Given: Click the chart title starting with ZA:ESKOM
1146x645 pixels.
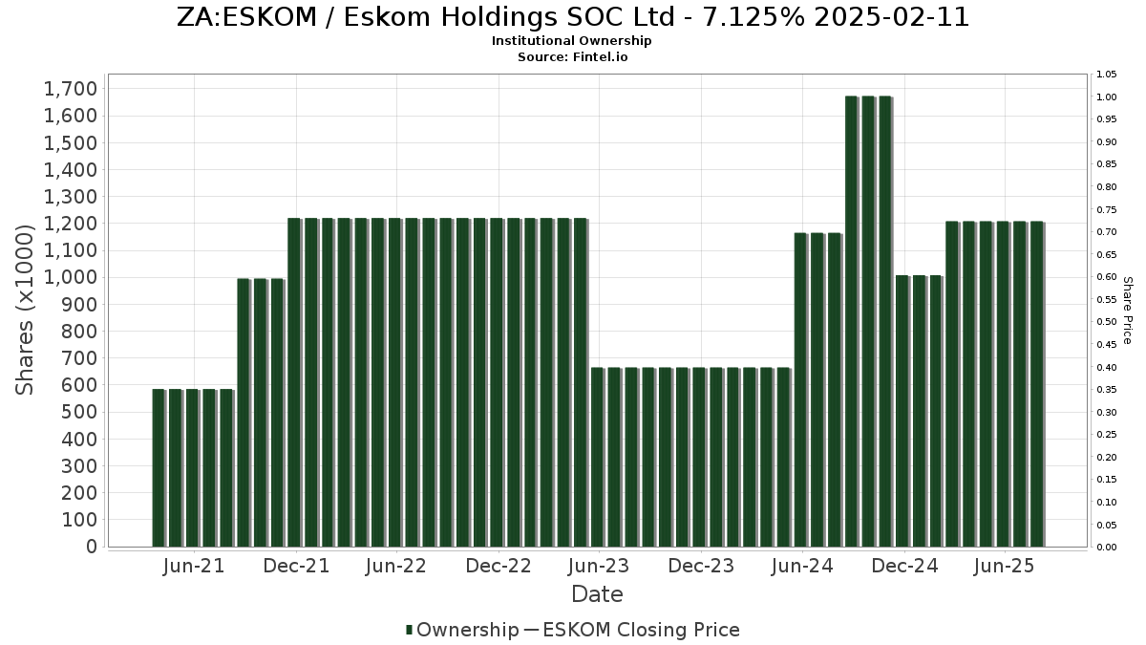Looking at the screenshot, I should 573,17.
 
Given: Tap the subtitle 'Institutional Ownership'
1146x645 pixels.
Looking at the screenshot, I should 572,41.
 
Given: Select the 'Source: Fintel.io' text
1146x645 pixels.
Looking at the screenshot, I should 572,56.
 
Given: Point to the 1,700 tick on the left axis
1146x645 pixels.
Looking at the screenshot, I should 71,89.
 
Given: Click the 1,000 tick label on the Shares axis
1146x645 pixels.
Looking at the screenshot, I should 71,278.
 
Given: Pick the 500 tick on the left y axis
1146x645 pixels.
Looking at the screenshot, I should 78,413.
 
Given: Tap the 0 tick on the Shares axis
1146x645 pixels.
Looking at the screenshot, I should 92,548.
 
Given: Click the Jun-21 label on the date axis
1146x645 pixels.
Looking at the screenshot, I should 194,566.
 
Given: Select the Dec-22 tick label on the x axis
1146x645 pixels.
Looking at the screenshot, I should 499,566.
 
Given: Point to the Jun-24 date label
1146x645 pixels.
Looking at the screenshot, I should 802,566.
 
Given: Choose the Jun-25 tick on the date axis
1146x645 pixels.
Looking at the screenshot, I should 1005,566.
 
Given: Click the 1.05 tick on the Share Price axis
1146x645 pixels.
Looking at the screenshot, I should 1107,75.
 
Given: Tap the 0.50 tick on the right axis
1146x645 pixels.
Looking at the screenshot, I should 1107,322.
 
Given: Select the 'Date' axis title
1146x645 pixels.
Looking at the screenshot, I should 597,594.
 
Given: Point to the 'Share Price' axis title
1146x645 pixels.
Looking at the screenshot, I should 1127,311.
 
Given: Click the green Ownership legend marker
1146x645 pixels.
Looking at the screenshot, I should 410,630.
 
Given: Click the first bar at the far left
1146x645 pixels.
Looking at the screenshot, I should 159,468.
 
